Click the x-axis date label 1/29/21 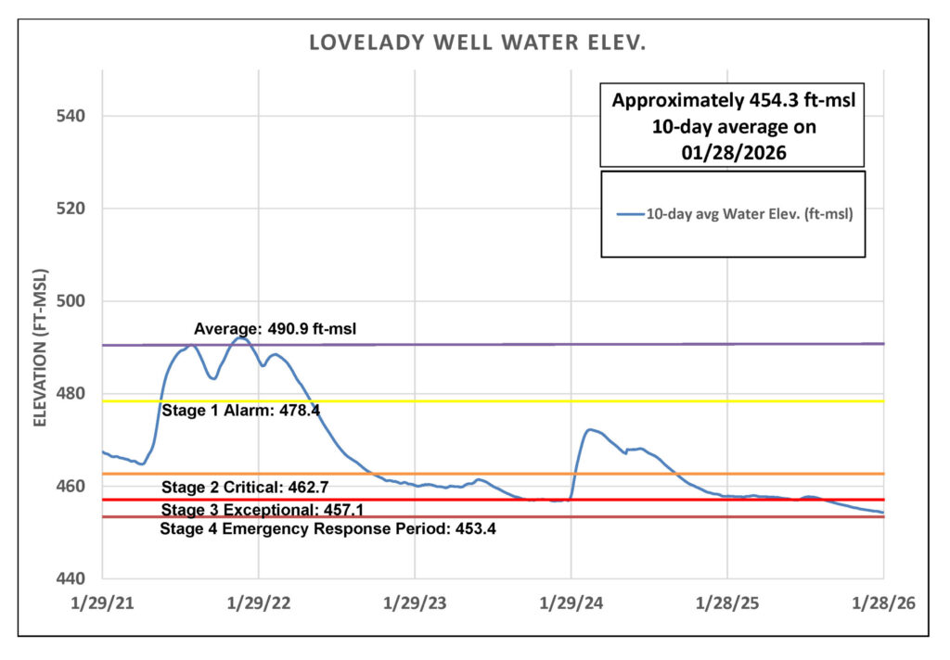pos(103,603)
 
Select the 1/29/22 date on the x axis pos(259,603)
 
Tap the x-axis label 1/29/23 pos(415,603)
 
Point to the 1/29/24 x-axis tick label pos(571,603)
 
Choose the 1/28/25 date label pos(727,603)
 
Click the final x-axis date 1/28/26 pos(883,603)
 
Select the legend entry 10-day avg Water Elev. pos(735,214)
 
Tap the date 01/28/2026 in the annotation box pos(733,148)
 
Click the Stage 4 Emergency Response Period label pos(327,529)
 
